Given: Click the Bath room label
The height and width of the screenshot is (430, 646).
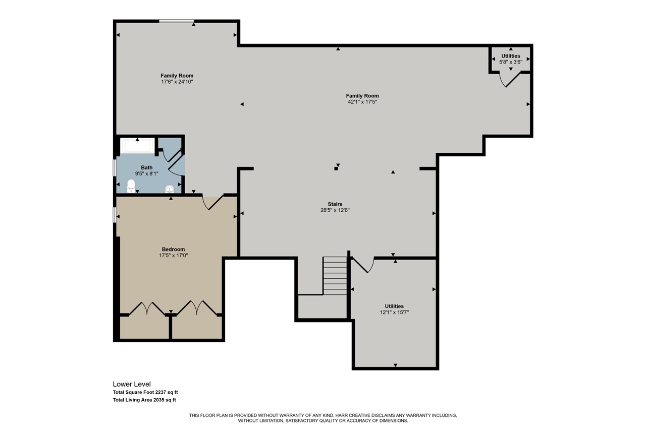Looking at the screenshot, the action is click(146, 168).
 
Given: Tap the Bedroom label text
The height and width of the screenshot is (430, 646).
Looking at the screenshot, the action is click(173, 250).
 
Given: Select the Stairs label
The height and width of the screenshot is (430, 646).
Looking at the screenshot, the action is click(335, 204).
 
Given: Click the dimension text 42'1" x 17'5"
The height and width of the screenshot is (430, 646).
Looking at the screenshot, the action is click(362, 102).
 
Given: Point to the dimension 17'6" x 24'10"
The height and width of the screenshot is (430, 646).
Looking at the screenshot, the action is click(177, 82).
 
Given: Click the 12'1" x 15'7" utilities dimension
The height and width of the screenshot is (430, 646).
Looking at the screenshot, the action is click(394, 312).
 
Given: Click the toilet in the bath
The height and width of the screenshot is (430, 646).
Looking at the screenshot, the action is click(131, 186).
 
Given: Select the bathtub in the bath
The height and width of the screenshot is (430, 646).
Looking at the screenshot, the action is click(138, 146).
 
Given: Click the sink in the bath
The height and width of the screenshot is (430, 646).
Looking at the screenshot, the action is click(170, 189).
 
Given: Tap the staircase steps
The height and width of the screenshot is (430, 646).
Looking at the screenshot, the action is click(335, 276).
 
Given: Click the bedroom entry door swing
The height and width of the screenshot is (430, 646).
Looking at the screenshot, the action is click(213, 203).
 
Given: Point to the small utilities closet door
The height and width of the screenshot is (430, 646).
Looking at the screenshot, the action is click(510, 80).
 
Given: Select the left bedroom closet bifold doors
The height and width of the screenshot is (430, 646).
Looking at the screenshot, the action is click(147, 309).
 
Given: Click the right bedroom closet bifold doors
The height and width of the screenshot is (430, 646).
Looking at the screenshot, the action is click(197, 308).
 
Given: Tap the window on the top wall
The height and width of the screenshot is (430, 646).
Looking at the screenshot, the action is click(177, 21).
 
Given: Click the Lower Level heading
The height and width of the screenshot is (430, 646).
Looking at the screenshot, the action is click(132, 384).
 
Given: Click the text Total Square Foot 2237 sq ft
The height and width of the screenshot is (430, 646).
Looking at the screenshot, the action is click(145, 392).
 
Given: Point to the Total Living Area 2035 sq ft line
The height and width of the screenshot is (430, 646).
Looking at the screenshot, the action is click(144, 400).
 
